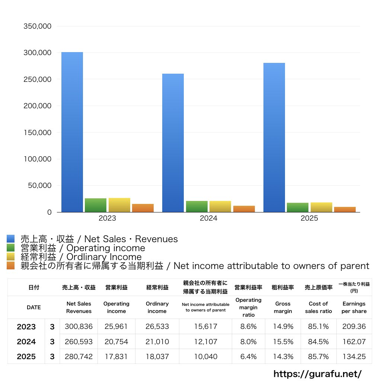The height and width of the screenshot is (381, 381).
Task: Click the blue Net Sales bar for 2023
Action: tap(72, 132)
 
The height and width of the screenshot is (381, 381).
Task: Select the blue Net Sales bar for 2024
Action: tap(173, 143)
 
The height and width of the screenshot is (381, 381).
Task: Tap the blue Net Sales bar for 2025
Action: tap(274, 138)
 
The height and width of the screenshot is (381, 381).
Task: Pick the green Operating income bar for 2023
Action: tap(96, 205)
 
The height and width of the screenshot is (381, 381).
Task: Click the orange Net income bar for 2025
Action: tap(345, 209)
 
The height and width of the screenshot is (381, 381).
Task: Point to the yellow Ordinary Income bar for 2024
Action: tap(220, 206)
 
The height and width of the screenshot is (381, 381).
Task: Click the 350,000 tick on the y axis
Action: tap(37, 26)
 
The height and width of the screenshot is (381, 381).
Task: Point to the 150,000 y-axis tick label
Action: tap(37, 132)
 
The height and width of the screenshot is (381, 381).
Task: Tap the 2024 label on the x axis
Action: tap(208, 218)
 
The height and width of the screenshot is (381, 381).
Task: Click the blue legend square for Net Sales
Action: tap(10, 239)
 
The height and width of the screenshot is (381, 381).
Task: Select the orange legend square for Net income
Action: tap(10, 266)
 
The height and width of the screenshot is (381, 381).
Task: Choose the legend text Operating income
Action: tap(83, 248)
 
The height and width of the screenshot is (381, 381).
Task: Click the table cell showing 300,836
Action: tap(79, 327)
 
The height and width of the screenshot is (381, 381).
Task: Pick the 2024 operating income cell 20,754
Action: tap(116, 342)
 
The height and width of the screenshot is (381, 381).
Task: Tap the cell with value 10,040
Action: tap(205, 356)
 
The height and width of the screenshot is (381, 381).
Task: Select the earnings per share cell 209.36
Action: tap(354, 327)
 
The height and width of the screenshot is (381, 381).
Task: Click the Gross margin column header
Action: tap(283, 307)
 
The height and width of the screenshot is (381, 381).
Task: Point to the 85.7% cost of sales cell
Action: tap(318, 356)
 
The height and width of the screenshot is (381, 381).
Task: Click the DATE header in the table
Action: tap(33, 307)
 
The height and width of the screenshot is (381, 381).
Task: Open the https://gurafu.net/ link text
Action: tap(317, 374)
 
